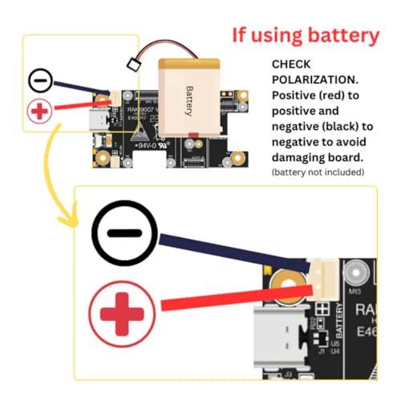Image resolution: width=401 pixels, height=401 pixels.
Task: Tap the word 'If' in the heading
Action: (241, 34)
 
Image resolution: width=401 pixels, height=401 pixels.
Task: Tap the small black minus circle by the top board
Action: (43, 81)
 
